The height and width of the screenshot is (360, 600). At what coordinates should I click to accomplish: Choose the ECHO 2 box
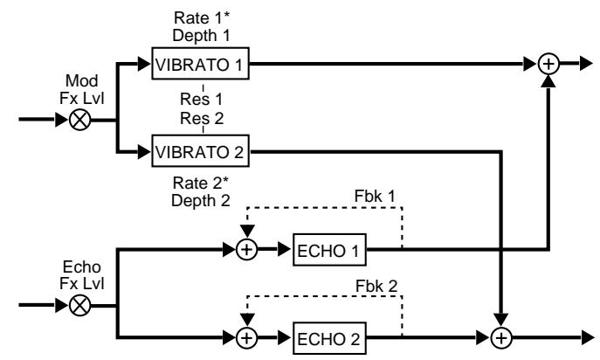click(x=330, y=335)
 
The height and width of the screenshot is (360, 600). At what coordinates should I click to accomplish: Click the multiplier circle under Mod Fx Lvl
click(x=79, y=120)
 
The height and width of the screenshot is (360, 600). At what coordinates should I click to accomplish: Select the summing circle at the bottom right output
click(x=501, y=335)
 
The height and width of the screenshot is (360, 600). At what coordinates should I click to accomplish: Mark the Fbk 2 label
click(x=381, y=285)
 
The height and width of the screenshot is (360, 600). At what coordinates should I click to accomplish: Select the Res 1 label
click(x=203, y=99)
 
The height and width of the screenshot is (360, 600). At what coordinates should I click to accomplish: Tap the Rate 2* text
click(x=203, y=183)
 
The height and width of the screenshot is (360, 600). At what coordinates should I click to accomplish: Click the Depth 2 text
click(x=203, y=200)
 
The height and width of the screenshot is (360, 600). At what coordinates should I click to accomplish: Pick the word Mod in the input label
click(x=79, y=83)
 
